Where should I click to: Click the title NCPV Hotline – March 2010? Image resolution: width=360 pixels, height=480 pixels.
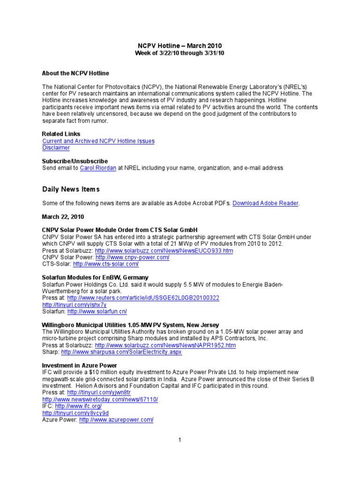click(x=180, y=45)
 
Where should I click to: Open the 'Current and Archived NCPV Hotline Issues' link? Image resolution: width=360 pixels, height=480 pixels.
click(x=98, y=141)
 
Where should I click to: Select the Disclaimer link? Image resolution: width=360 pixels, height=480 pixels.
click(x=56, y=148)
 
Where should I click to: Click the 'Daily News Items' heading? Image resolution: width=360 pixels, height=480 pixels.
click(x=71, y=189)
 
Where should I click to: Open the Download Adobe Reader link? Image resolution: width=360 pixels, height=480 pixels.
click(x=265, y=203)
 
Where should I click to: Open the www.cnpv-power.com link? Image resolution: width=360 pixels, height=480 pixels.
click(x=132, y=258)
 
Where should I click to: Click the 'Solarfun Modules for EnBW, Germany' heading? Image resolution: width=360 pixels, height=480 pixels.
click(x=95, y=277)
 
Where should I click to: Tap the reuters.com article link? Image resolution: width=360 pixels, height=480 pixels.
click(x=143, y=298)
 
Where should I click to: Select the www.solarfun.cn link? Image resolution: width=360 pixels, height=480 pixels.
click(x=97, y=311)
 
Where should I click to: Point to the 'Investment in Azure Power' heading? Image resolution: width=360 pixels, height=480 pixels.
click(x=79, y=365)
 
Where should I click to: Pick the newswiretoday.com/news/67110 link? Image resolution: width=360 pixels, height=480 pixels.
click(x=100, y=399)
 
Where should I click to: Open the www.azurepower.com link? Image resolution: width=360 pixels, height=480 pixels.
click(x=116, y=420)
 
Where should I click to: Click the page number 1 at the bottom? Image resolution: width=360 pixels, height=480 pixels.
click(x=180, y=440)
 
